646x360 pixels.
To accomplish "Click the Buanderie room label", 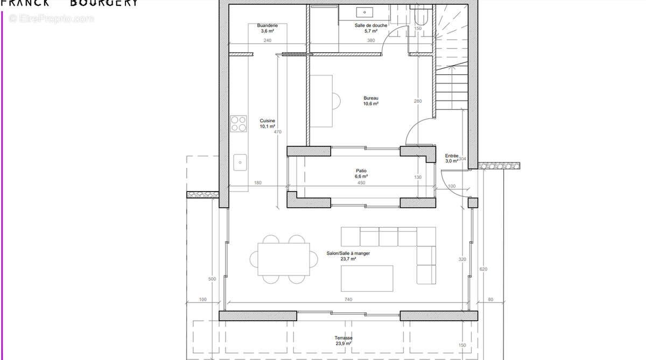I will tap(267, 25).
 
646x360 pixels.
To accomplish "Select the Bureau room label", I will tap(370, 98).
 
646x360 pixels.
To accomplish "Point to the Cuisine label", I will tap(268, 121).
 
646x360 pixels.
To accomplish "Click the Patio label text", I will tap(361, 171).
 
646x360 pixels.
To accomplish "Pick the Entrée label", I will tap(451, 156).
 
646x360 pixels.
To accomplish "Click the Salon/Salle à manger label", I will tap(348, 253).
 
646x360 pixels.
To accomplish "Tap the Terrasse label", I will tap(343, 338).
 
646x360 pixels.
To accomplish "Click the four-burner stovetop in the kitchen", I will tap(238, 124).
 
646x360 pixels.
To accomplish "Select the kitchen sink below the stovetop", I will tap(240, 161).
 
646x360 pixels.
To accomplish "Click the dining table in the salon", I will tap(283, 259).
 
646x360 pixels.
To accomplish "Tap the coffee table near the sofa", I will tap(367, 278).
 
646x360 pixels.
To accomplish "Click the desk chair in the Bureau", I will tap(336, 101).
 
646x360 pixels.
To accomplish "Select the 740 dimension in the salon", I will tap(348, 299).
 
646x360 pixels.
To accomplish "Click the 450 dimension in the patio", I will tap(361, 182).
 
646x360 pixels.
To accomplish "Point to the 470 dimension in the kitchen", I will tap(277, 132).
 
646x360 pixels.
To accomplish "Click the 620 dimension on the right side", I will tap(483, 269).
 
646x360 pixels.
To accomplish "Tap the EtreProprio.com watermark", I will tap(51, 19).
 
